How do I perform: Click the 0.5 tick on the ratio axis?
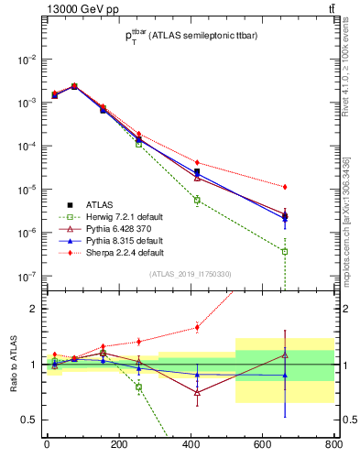coord(33,420)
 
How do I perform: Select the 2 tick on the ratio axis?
coord(37,309)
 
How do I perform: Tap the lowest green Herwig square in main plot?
coord(285,251)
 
